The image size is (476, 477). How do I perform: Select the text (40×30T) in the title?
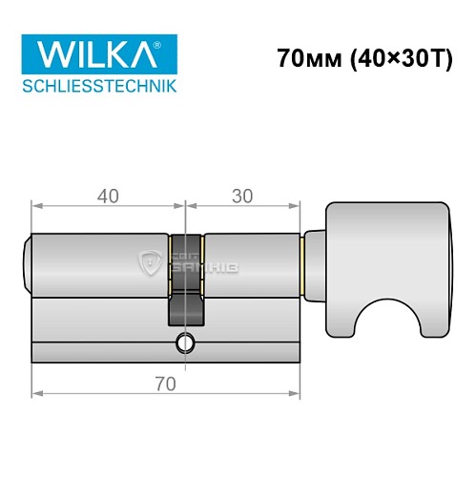391,58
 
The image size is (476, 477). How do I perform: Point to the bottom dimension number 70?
167,384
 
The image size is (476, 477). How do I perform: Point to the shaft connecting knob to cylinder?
314,259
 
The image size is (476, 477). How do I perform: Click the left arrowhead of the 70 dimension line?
36,393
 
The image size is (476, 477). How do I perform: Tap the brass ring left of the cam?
170,259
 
